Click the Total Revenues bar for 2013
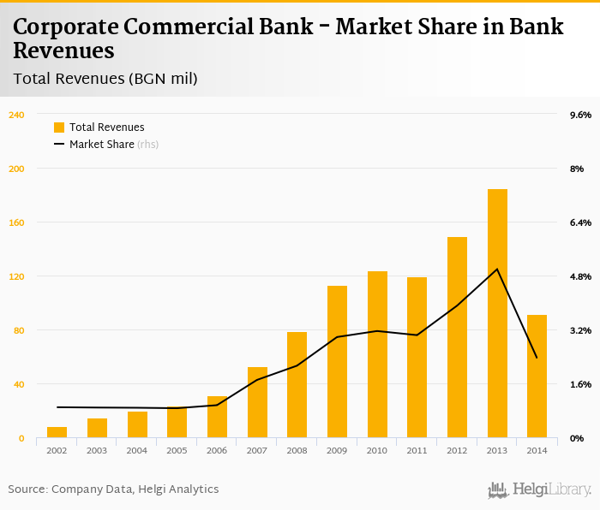tap(497, 313)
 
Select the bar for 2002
tap(57, 432)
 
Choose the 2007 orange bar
tap(257, 402)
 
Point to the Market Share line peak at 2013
tap(497, 270)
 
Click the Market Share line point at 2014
tap(537, 358)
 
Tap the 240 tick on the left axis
tap(16, 115)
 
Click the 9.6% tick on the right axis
tap(580, 115)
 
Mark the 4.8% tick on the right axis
tap(580, 276)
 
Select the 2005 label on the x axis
tap(177, 450)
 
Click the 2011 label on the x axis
tap(417, 450)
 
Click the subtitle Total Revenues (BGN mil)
tap(105, 79)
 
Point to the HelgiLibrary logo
tap(539, 489)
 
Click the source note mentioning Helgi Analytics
tap(113, 489)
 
